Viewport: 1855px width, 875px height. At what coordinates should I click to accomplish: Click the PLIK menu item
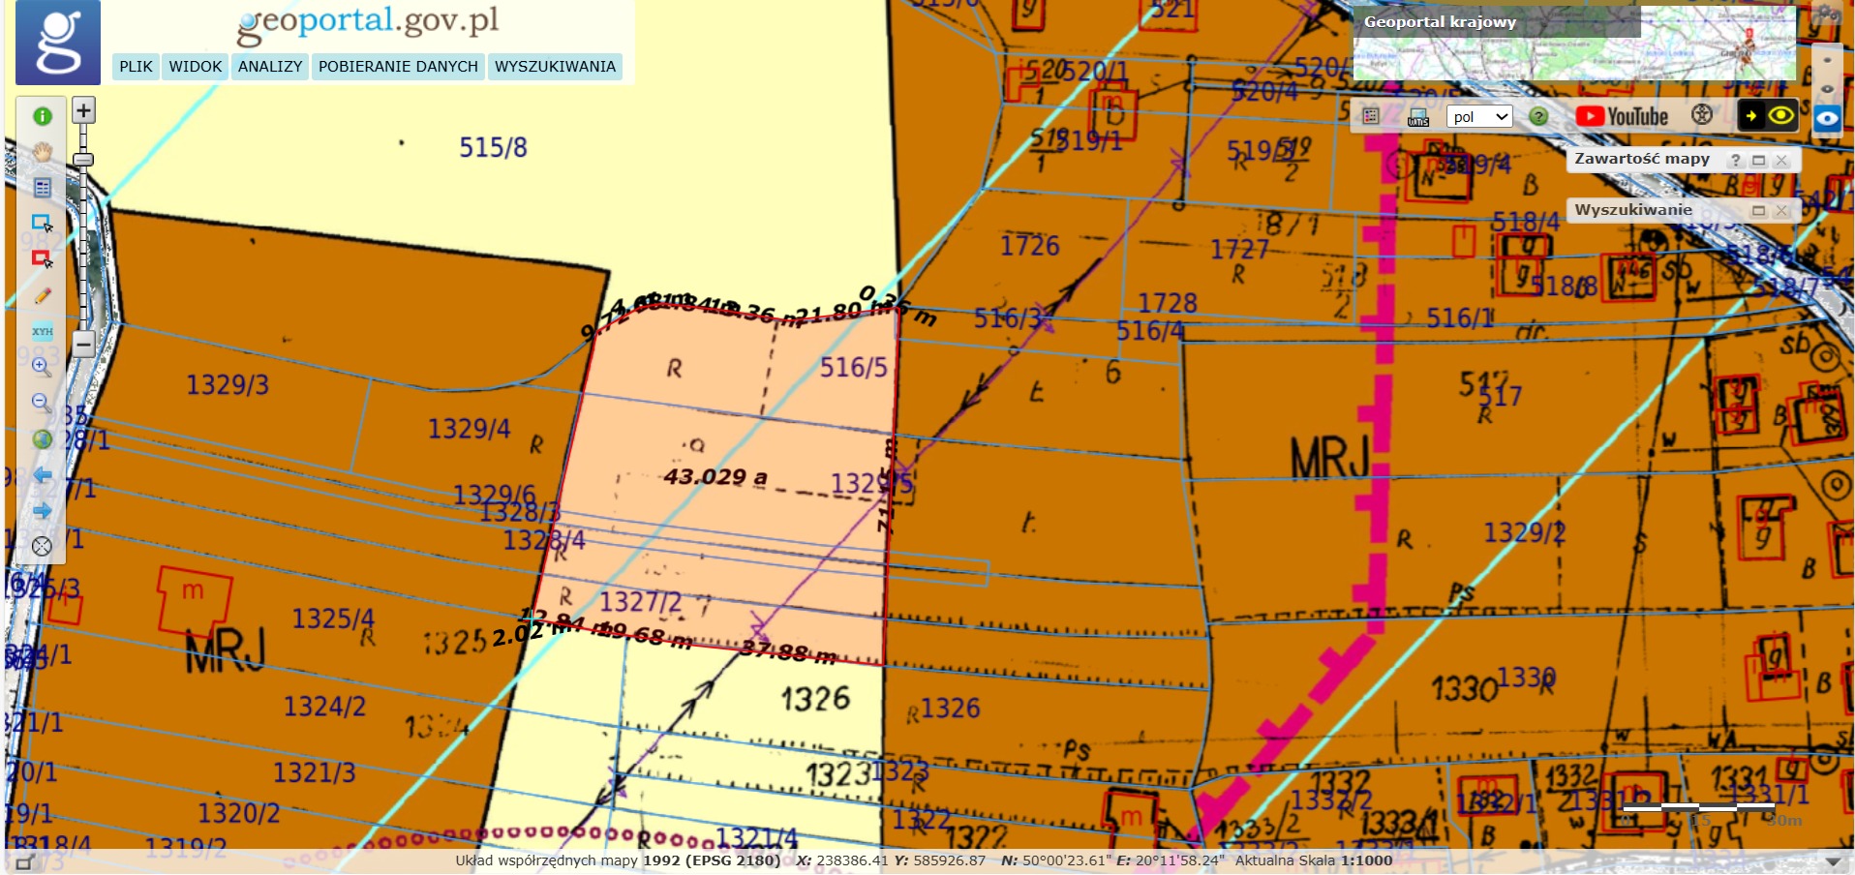(x=136, y=67)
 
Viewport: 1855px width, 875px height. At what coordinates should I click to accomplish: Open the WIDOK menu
(x=196, y=67)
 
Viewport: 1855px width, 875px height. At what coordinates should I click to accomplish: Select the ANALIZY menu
(x=270, y=67)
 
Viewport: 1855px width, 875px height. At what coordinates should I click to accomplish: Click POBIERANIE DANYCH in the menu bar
(x=398, y=67)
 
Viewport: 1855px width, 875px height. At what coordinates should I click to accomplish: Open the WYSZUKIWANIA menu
(x=555, y=67)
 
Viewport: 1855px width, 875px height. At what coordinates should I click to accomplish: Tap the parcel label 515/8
(x=493, y=147)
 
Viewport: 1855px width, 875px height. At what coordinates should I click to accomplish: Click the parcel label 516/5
(x=853, y=368)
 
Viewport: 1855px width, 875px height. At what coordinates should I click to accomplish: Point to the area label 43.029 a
(x=715, y=476)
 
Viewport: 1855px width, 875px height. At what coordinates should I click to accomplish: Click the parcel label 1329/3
(x=228, y=385)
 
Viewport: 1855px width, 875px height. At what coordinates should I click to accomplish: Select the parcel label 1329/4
(x=469, y=429)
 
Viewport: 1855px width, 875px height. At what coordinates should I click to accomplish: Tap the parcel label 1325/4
(x=333, y=619)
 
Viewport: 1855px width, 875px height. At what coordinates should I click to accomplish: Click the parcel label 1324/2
(x=324, y=707)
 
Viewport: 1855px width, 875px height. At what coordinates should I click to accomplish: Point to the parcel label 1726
(x=1030, y=246)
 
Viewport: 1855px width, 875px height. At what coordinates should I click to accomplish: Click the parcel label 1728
(x=1167, y=303)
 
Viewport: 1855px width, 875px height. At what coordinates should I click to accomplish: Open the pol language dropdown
(x=1479, y=117)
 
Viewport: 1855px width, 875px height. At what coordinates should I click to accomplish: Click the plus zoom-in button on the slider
(x=84, y=110)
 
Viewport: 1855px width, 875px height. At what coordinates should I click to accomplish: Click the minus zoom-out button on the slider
(x=84, y=344)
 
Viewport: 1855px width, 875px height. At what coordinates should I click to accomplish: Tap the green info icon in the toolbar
(x=43, y=116)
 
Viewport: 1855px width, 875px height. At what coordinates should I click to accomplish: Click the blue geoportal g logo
(x=58, y=43)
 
